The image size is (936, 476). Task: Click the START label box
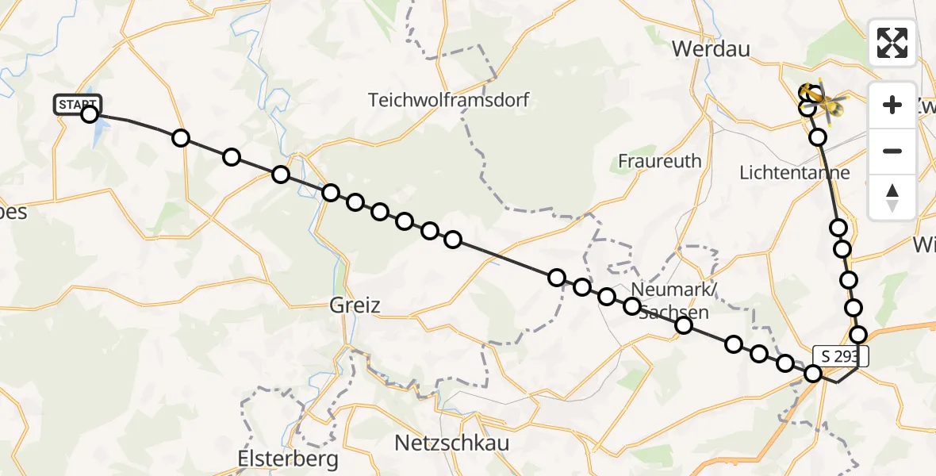click(78, 104)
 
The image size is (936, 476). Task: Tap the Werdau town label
click(711, 48)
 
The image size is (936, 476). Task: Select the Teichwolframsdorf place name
click(448, 100)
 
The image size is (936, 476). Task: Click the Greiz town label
click(355, 305)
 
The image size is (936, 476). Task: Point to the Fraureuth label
click(660, 161)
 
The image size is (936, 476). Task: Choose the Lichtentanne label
click(794, 172)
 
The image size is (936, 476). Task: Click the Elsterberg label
click(288, 459)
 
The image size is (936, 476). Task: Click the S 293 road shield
click(840, 356)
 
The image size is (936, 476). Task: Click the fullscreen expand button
click(892, 43)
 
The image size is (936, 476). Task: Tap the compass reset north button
click(892, 197)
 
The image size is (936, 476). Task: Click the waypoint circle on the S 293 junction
click(813, 373)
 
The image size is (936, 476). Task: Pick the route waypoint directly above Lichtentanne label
click(817, 138)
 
